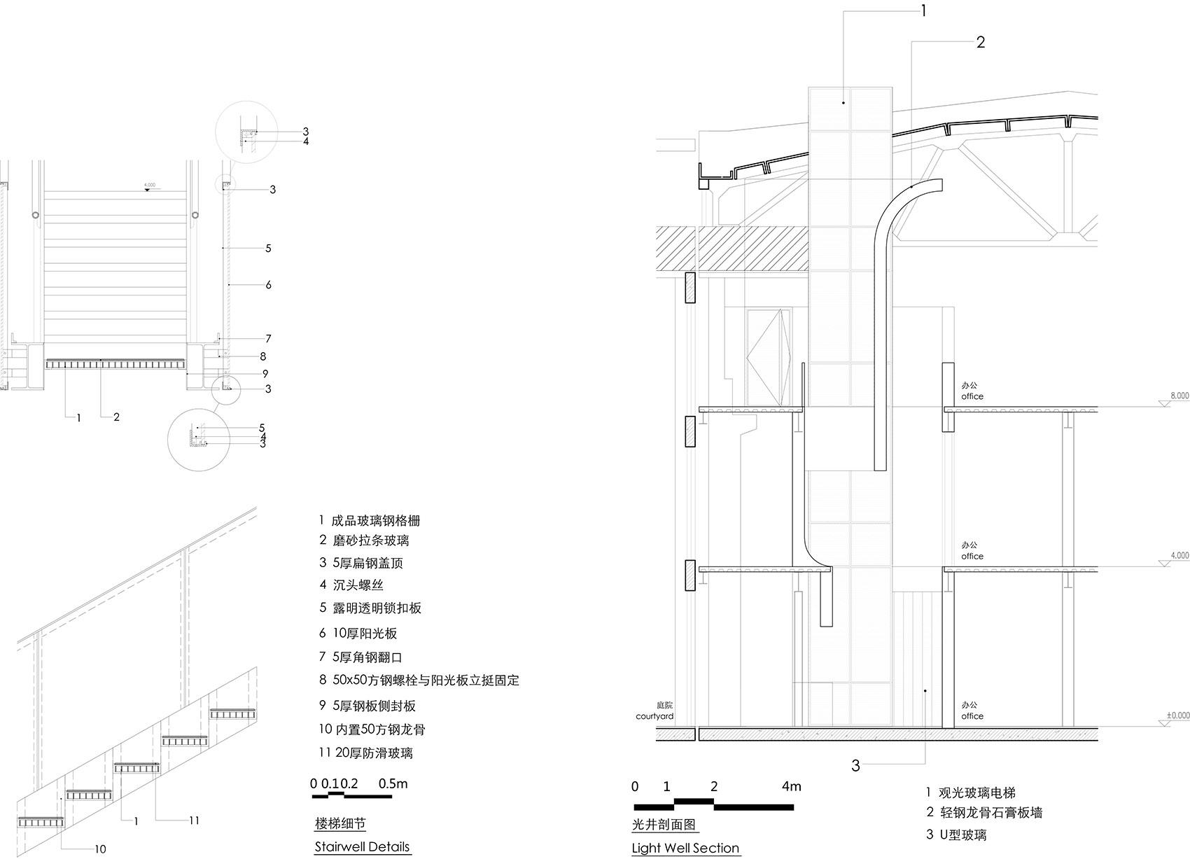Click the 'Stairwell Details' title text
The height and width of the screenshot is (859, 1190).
coord(361,846)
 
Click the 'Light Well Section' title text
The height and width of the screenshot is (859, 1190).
coord(685,848)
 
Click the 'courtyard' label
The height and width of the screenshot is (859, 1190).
coord(654,716)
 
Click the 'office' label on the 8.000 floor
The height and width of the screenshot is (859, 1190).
coord(972,396)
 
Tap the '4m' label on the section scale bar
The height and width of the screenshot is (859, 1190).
coord(791,786)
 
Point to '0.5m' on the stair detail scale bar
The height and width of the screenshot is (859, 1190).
coord(393,783)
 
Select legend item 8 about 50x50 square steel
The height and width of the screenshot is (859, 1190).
coord(419,680)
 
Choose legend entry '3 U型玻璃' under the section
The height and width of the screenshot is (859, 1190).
coord(956,834)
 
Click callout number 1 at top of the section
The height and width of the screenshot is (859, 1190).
coord(923,11)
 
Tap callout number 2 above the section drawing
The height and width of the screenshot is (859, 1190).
coord(980,42)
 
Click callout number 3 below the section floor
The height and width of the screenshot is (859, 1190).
coord(855,765)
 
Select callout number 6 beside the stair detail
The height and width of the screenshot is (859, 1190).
coord(268,285)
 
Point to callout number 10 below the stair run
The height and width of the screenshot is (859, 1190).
coord(100,849)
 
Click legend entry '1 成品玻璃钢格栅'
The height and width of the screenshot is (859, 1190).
coord(369,521)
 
